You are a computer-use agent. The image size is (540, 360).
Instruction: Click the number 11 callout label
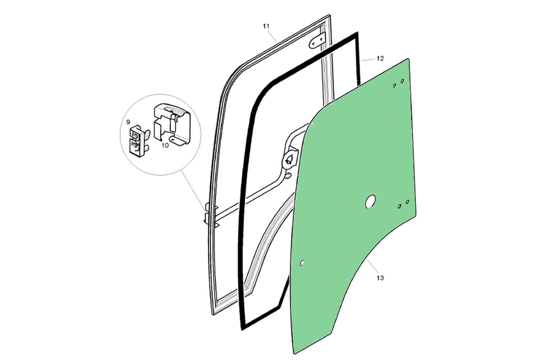click(x=266, y=26)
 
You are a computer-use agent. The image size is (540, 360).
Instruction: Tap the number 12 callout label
click(x=380, y=58)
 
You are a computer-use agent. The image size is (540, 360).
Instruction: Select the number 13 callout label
click(x=380, y=278)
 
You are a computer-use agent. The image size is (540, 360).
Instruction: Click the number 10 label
click(x=165, y=146)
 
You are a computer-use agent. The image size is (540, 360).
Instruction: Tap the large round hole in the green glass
click(x=370, y=202)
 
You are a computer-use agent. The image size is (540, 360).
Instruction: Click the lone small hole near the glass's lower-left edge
click(x=302, y=262)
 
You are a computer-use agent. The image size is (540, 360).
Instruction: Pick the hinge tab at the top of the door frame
click(x=317, y=40)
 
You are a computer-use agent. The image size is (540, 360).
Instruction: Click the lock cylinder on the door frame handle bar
click(x=289, y=159)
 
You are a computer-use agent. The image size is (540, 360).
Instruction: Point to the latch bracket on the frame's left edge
click(x=208, y=215)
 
